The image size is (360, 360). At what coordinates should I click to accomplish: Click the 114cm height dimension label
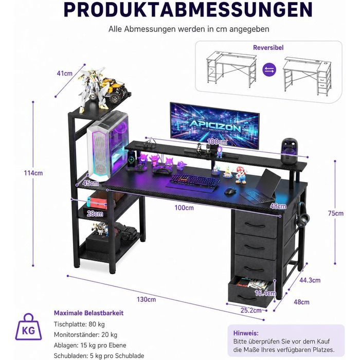click(x=33, y=173)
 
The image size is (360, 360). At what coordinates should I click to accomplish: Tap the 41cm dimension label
click(x=64, y=74)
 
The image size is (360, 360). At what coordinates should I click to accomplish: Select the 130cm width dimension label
click(x=146, y=299)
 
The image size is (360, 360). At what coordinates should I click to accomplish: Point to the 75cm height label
click(x=336, y=213)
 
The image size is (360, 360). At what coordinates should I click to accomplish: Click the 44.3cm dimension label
click(x=310, y=280)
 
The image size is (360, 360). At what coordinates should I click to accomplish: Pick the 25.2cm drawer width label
click(x=251, y=311)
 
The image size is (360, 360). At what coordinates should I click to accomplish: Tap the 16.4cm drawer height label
click(x=265, y=293)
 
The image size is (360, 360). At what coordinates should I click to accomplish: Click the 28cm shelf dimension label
click(x=95, y=214)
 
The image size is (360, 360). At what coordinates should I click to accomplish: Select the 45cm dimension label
click(x=91, y=183)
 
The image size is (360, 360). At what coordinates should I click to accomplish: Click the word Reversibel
click(x=268, y=47)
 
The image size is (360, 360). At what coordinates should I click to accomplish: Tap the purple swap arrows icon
click(x=269, y=69)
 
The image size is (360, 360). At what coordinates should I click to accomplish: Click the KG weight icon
click(x=28, y=327)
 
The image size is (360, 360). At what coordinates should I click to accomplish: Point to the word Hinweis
click(x=246, y=333)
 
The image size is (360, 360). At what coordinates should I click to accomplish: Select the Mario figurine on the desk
click(x=241, y=175)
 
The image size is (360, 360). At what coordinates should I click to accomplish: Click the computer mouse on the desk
click(x=230, y=191)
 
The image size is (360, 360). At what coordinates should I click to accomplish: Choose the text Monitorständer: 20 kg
click(x=85, y=335)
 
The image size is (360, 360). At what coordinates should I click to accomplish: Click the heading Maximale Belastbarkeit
click(x=88, y=313)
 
